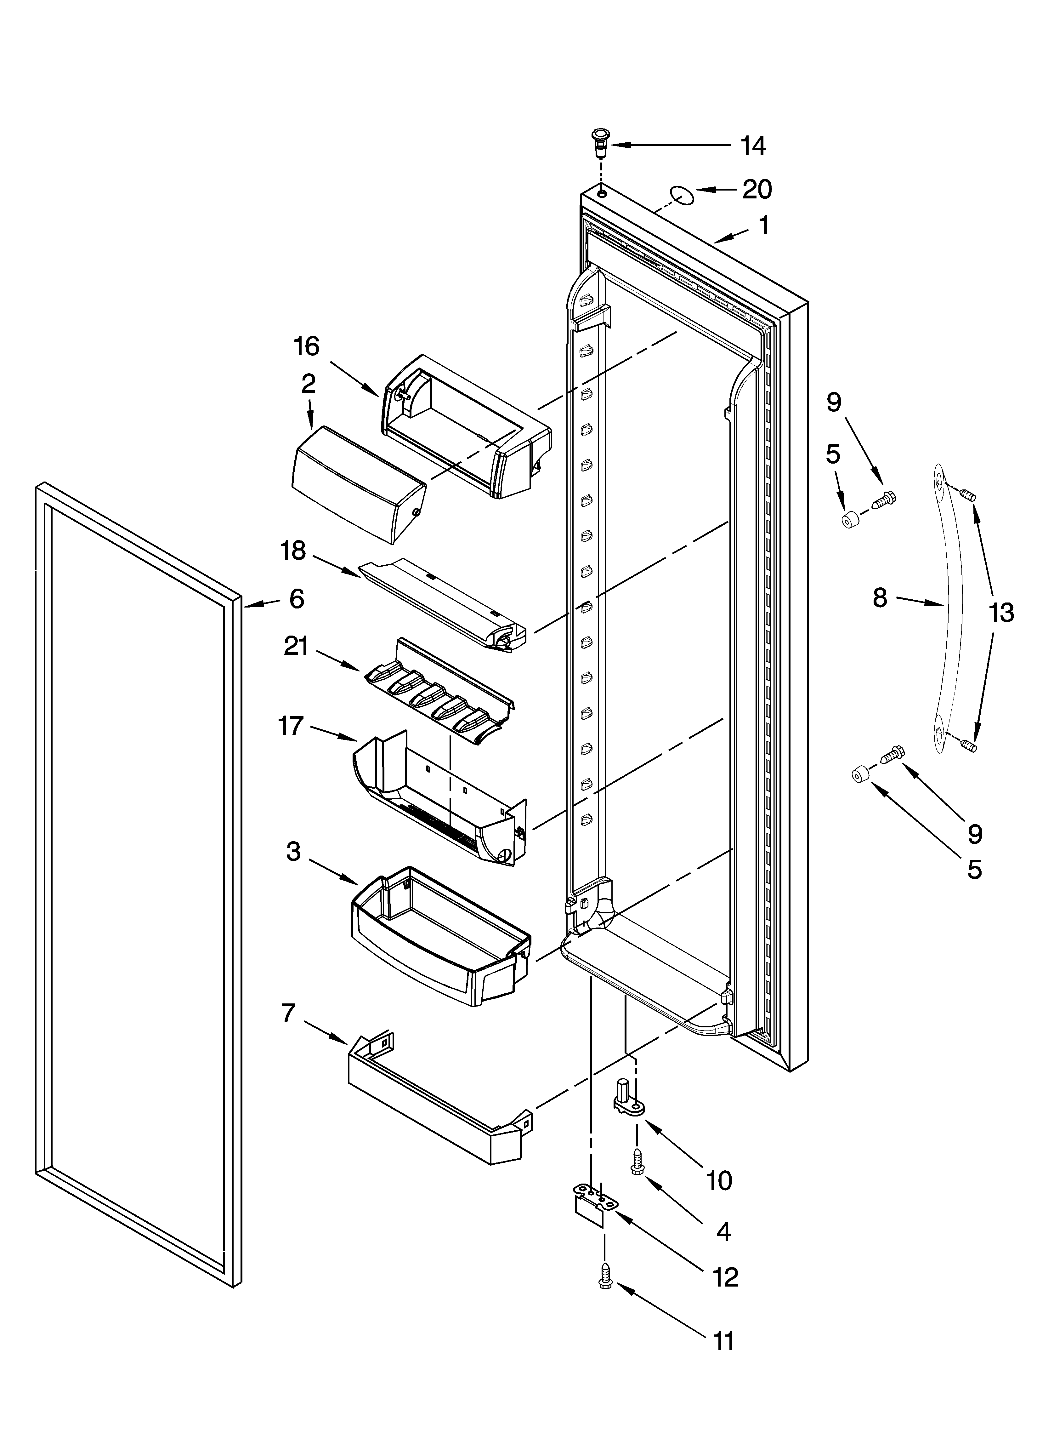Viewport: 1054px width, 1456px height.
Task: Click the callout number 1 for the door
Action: pyautogui.click(x=763, y=226)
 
